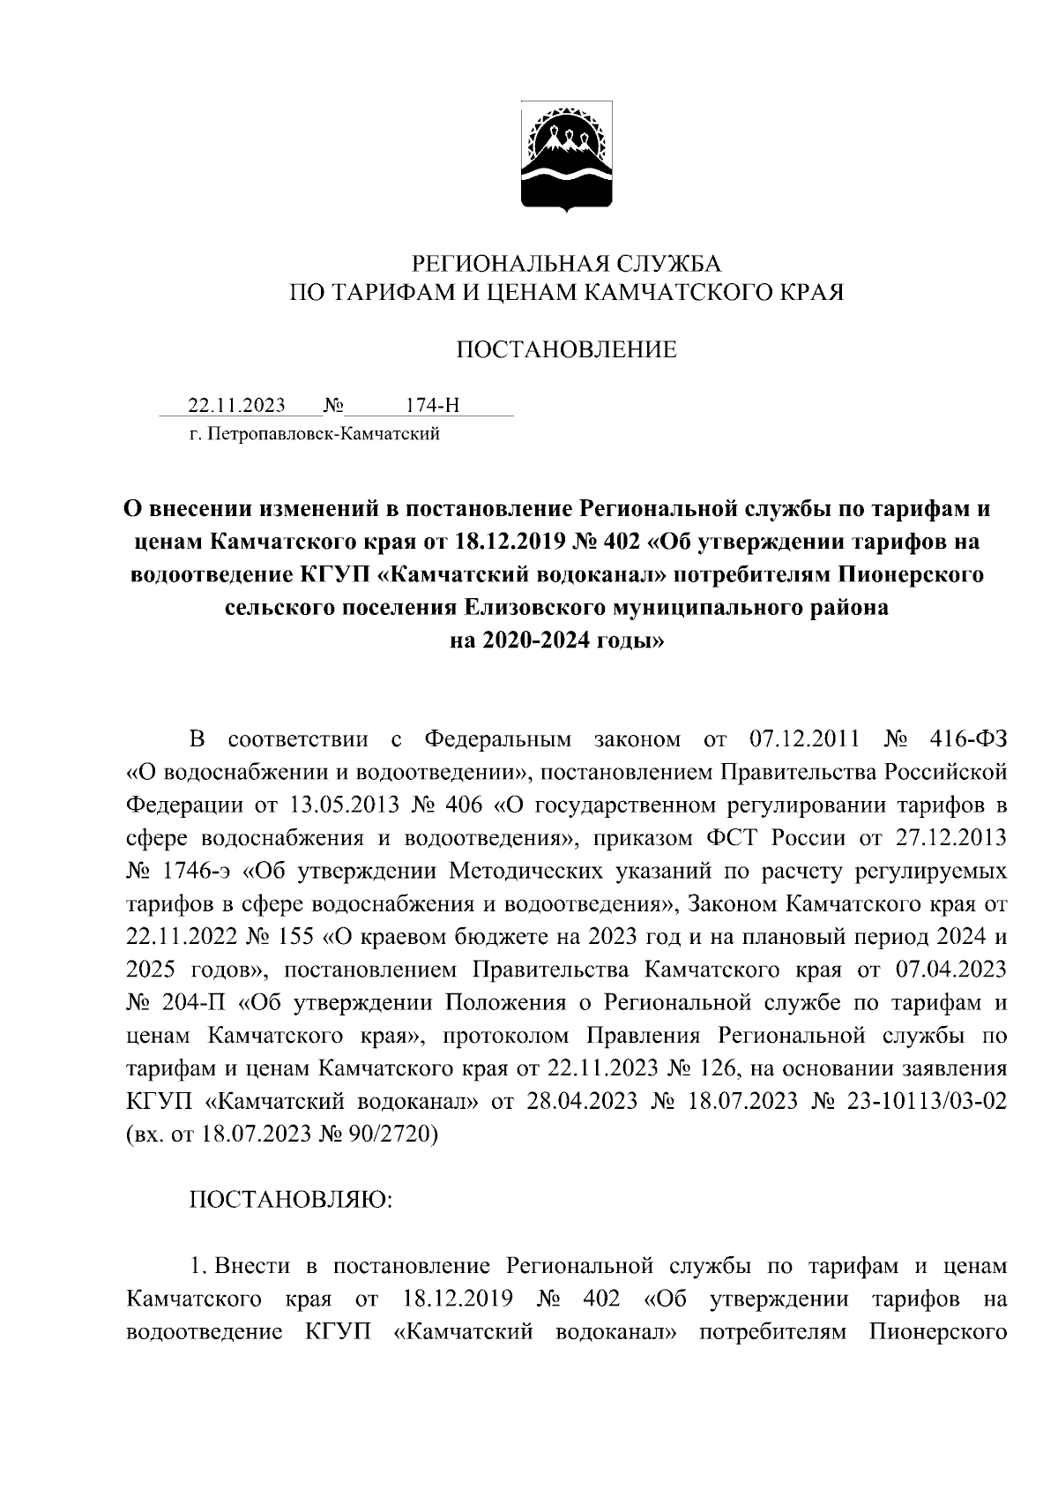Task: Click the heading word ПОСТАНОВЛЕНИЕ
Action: pos(565,350)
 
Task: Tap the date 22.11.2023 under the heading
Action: pos(236,406)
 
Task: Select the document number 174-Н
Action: pos(431,406)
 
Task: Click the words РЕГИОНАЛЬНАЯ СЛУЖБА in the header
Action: pos(567,263)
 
